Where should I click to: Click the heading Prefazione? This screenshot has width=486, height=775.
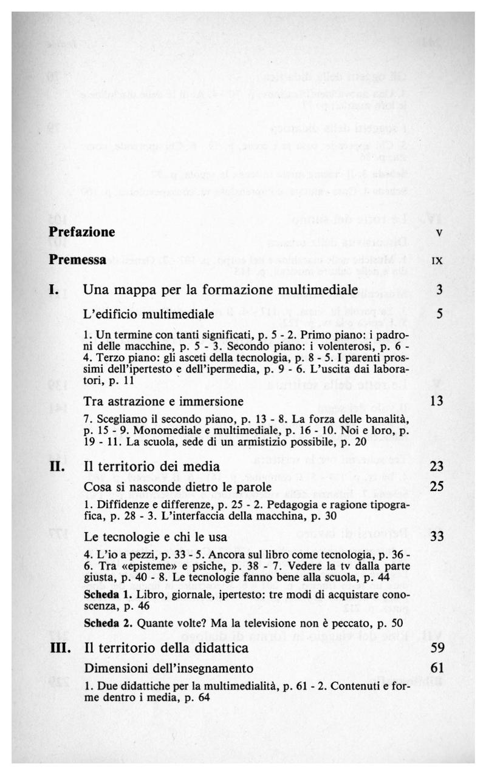click(82, 232)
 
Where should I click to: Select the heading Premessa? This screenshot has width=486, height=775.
click(78, 260)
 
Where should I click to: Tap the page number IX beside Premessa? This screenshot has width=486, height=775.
click(436, 261)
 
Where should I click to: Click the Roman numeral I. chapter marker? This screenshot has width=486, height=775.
click(55, 289)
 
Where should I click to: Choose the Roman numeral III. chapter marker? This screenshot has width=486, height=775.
click(60, 648)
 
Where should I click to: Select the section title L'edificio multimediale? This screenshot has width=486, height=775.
click(149, 314)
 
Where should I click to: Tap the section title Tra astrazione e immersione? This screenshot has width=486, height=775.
click(164, 401)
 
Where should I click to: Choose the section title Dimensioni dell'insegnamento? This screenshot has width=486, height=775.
click(168, 669)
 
